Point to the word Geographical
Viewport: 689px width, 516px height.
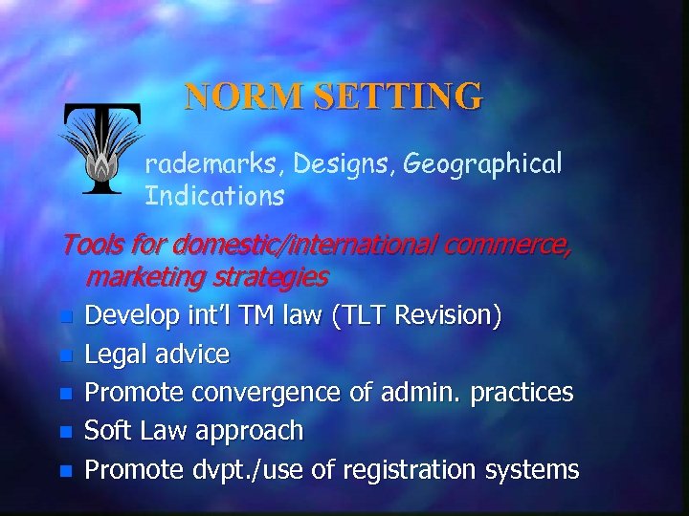[482, 165]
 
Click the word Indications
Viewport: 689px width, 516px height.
[214, 198]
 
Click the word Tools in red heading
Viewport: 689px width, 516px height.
[91, 246]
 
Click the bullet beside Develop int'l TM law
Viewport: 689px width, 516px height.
[64, 315]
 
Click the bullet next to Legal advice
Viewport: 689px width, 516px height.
[64, 355]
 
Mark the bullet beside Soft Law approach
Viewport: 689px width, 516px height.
[64, 432]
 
